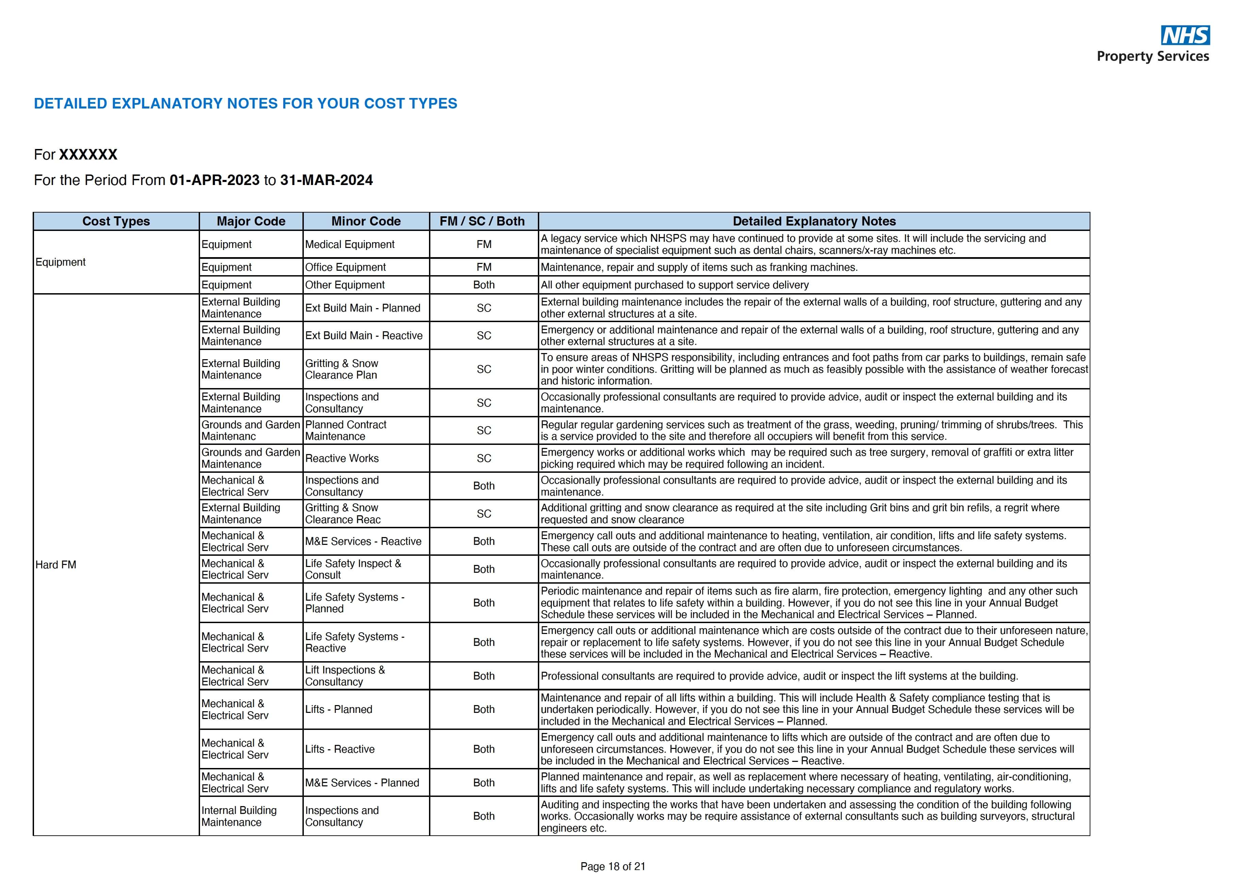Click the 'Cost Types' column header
click(116, 221)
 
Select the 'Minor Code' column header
click(366, 221)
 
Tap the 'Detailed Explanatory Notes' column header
click(814, 221)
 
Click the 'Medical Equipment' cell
click(349, 245)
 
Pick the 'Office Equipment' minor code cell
click(345, 267)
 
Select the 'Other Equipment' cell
click(345, 285)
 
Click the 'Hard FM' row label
click(56, 565)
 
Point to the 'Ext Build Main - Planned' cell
click(363, 308)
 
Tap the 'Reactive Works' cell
click(342, 458)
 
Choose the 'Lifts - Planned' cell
click(339, 709)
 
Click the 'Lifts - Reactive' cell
click(340, 749)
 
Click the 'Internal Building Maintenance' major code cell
click(239, 816)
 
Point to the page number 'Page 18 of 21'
click(613, 866)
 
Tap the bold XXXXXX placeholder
click(88, 154)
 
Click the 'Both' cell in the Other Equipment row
click(484, 285)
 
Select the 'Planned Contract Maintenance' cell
click(345, 430)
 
